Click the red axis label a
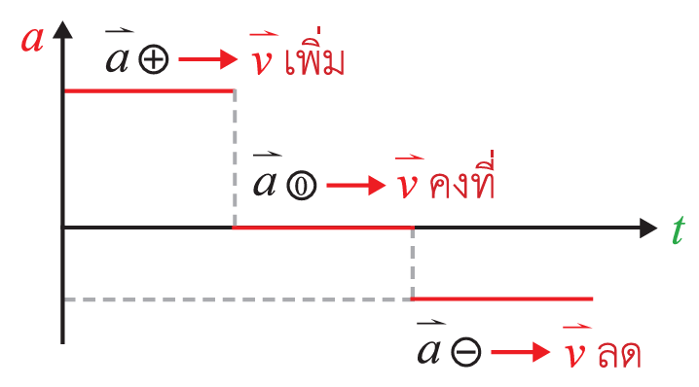tap(32, 40)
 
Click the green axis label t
tap(678, 229)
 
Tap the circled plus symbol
tap(154, 60)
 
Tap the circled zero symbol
tap(302, 186)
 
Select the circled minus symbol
tap(466, 352)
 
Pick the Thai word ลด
tap(620, 355)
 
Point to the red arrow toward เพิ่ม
tap(208, 58)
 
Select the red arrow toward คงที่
tap(356, 186)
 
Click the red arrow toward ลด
tap(521, 352)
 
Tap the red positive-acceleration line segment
tap(149, 91)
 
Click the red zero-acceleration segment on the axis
tap(323, 228)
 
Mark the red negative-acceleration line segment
tap(502, 299)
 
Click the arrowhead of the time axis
tap(648, 228)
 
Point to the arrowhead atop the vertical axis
tap(62, 29)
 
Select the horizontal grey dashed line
tap(238, 299)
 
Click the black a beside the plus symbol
tap(118, 60)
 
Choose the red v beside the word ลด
tap(575, 354)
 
